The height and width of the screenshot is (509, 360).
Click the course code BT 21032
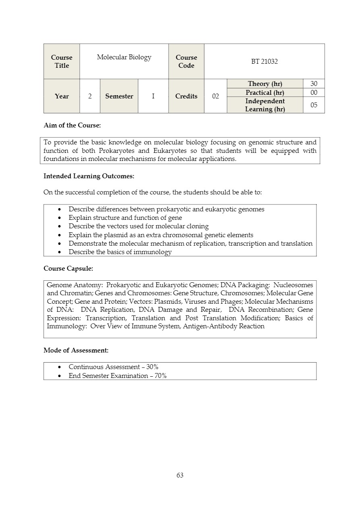click(x=264, y=62)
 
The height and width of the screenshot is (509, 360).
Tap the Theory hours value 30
click(x=314, y=84)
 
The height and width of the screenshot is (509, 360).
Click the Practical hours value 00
click(x=314, y=93)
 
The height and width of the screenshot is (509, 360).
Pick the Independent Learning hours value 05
click(x=314, y=105)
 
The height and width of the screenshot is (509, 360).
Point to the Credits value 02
click(x=215, y=96)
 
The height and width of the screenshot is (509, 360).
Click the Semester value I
click(x=153, y=96)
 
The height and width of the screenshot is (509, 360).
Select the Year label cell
click(x=62, y=96)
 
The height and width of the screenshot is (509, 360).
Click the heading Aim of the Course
click(x=72, y=125)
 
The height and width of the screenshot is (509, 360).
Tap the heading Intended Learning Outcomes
click(x=89, y=176)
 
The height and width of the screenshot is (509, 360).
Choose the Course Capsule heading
click(x=68, y=268)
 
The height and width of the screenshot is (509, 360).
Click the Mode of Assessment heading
click(x=76, y=350)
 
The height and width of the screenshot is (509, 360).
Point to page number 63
click(x=180, y=476)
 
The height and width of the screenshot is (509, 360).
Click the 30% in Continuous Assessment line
click(x=152, y=367)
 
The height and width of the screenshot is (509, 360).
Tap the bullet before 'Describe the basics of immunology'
click(x=60, y=252)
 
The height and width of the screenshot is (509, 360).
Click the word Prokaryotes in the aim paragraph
click(x=116, y=151)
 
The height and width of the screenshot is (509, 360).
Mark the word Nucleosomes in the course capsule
click(x=293, y=285)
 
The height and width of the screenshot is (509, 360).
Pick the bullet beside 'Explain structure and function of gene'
click(x=60, y=218)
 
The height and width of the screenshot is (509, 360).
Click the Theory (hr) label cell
click(x=265, y=84)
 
